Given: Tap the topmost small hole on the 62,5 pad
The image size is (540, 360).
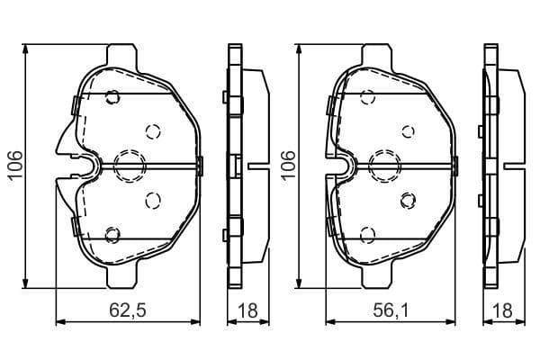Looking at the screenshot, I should tap(112, 97).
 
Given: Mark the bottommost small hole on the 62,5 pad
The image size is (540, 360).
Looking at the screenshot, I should tap(112, 235).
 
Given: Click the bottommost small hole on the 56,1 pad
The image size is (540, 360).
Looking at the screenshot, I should tap(367, 235).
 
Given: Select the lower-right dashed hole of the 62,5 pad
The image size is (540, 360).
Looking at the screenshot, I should tap(151, 199).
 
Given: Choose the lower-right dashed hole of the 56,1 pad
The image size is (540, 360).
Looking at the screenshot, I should tap(407, 199).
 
